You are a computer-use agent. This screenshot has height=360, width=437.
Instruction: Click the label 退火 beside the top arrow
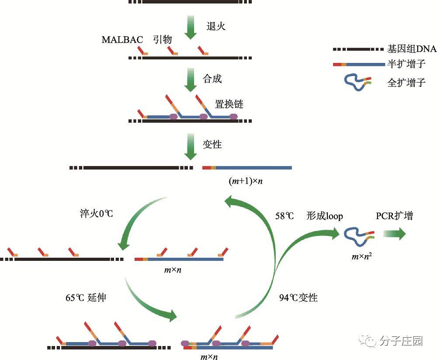216,26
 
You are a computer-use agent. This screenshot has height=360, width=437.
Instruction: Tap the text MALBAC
122,39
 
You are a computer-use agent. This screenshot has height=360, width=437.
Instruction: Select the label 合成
212,79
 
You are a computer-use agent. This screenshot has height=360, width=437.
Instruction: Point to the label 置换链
229,104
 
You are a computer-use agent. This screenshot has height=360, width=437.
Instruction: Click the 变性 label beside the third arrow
212,144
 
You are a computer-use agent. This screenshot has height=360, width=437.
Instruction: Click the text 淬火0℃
94,214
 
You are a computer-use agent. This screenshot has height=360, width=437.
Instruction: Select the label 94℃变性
298,298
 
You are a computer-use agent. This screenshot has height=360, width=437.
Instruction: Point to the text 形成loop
325,216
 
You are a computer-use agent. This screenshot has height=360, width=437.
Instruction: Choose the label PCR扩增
394,216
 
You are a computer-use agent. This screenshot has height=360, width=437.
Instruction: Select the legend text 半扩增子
406,64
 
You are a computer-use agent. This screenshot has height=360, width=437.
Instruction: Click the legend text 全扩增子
406,82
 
